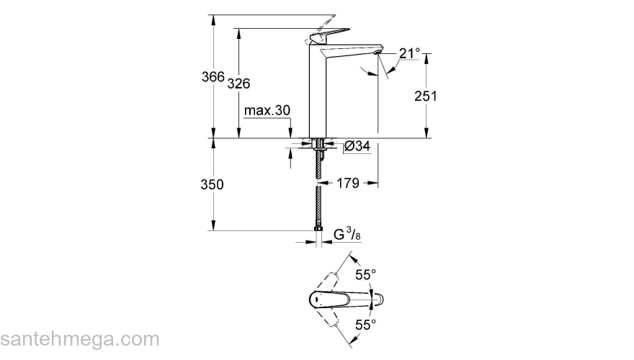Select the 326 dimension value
238,84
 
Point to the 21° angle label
409,53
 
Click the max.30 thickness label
267,111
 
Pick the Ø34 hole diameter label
357,146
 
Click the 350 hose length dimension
212,184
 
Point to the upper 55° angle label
366,274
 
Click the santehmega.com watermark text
79,339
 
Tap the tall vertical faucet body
318,94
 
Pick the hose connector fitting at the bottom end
317,230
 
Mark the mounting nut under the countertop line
317,147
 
